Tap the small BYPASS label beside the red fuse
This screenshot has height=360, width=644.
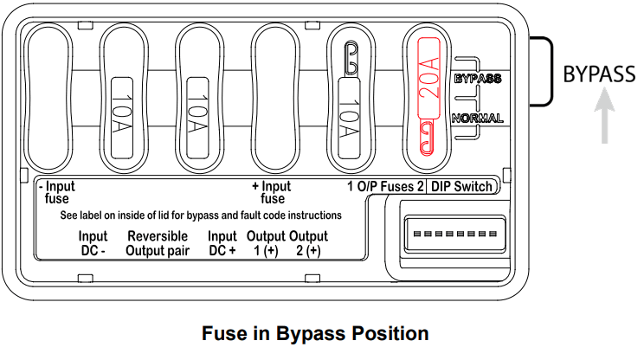click(x=478, y=79)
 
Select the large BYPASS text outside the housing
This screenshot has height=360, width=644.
click(x=599, y=74)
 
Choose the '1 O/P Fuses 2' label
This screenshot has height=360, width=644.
click(x=385, y=187)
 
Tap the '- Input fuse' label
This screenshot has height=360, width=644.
click(x=57, y=192)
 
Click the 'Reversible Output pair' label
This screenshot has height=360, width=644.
click(x=158, y=244)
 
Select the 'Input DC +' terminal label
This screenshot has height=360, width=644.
click(x=222, y=244)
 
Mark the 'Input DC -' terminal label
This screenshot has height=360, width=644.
click(x=93, y=244)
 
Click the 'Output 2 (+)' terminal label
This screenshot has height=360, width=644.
click(x=308, y=244)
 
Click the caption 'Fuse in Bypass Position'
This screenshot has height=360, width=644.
click(x=315, y=333)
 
